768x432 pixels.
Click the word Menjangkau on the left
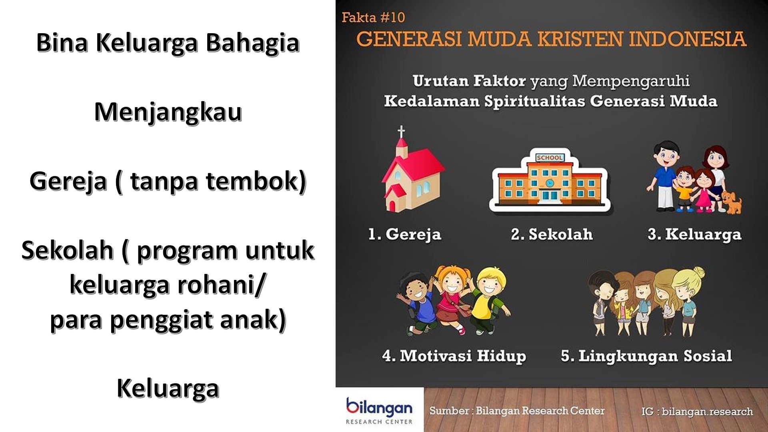tap(168, 112)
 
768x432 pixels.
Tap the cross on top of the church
tap(401, 132)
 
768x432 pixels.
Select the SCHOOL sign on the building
tap(550, 158)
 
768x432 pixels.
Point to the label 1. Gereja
tap(404, 234)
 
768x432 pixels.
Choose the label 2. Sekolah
tap(552, 234)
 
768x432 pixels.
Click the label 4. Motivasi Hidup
tap(454, 356)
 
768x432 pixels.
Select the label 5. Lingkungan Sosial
tap(646, 356)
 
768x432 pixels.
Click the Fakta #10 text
tap(373, 17)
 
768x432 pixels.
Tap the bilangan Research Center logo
tap(379, 410)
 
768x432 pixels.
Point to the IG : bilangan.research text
tap(697, 412)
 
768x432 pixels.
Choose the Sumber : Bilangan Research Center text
tap(517, 411)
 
